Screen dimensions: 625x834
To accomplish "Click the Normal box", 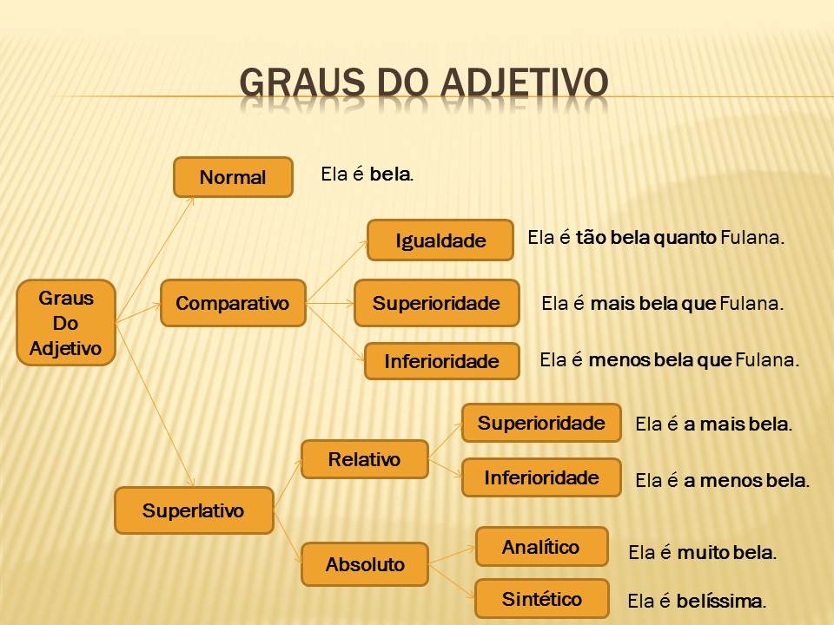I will (x=233, y=177).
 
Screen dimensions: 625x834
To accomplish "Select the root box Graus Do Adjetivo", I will (x=66, y=323).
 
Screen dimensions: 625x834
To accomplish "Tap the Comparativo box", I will (x=233, y=303).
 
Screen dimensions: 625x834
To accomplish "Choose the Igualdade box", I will (x=440, y=240).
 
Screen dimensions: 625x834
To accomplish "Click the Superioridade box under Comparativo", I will (x=436, y=303).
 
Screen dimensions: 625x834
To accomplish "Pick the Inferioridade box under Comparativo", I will (x=442, y=361).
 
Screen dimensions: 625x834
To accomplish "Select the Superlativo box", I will (x=194, y=510).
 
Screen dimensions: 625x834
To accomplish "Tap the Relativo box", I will (x=365, y=459).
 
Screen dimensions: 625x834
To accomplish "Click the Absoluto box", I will (x=365, y=564).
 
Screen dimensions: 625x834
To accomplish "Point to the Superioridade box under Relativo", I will (x=541, y=424).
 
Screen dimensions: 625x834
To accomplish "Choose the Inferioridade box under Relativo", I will (x=541, y=477).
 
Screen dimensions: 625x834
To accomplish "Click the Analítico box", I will (x=541, y=547).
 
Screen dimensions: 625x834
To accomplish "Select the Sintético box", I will (x=541, y=599).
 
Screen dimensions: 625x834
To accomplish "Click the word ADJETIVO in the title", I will (x=524, y=82).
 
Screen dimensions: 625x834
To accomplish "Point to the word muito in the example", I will (x=702, y=552).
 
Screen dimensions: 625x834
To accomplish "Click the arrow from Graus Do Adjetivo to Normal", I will (x=156, y=256).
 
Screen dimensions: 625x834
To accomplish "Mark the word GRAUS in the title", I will (x=291, y=82).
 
